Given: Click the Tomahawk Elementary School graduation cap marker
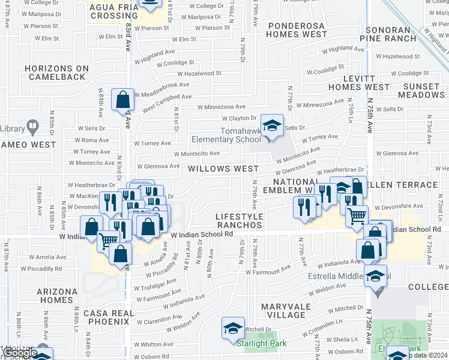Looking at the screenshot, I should [x=272, y=126].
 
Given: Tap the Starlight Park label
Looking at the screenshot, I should [x=261, y=344].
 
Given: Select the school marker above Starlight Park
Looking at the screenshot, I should [x=233, y=328].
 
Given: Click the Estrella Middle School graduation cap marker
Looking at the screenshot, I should [x=376, y=276].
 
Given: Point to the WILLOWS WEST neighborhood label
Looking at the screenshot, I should [x=224, y=169].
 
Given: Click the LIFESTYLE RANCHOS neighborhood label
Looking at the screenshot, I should [x=239, y=220].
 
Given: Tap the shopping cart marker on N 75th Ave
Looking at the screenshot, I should [x=357, y=215].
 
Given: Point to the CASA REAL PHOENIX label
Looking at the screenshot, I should [x=107, y=317].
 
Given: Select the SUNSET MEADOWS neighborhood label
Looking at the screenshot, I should [x=421, y=91].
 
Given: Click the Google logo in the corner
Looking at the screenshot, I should [x=20, y=353].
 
